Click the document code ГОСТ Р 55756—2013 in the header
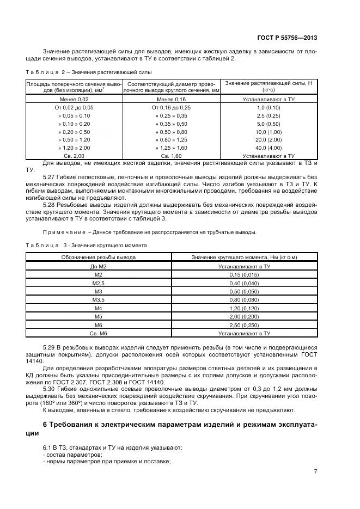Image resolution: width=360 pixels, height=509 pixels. (287, 38)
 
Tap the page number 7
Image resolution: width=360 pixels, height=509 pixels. (315, 471)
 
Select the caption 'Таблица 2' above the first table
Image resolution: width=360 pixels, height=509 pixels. (45, 72)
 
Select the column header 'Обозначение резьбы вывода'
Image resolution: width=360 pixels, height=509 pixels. (98, 257)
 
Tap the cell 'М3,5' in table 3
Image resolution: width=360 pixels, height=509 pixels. (98, 299)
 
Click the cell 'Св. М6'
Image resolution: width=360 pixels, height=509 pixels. (98, 332)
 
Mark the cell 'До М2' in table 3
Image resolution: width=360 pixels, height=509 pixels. (98, 267)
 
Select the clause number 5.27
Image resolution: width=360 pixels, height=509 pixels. (49, 177)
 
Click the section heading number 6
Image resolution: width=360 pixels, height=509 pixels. (45, 424)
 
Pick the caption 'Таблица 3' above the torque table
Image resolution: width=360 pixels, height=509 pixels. (45, 246)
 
